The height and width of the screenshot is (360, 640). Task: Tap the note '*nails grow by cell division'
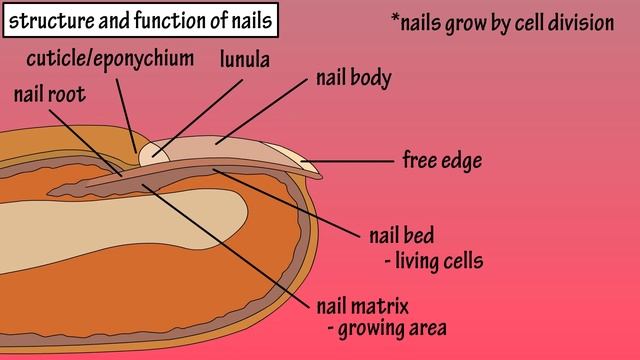[502, 22]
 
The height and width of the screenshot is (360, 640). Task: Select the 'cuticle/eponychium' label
[111, 58]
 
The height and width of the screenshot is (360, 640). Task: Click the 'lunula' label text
[245, 60]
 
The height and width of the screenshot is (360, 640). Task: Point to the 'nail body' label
[353, 77]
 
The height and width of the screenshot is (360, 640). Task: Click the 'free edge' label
[442, 160]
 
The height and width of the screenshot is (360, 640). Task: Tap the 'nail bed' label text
[401, 237]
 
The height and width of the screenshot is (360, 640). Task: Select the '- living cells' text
[433, 262]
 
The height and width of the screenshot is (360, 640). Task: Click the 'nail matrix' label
[363, 304]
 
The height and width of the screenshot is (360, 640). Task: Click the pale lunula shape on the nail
[152, 153]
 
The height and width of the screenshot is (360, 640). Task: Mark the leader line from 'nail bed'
[290, 204]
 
